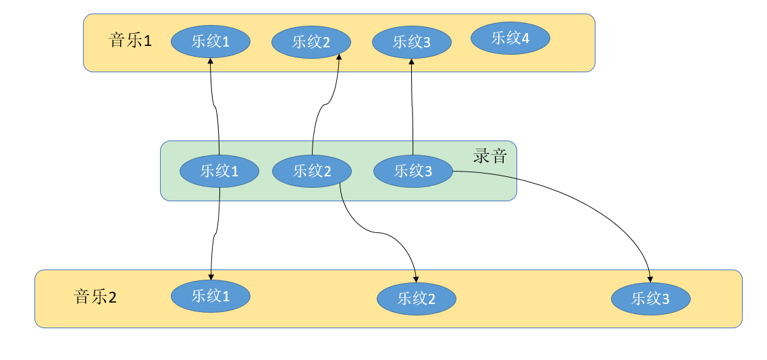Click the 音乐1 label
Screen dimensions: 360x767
(130, 41)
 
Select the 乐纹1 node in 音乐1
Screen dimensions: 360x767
(211, 42)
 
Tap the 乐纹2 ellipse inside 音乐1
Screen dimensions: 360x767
(311, 43)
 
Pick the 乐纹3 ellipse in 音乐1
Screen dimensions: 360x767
(412, 43)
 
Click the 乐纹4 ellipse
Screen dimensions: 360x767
(510, 38)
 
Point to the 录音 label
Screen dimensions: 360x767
(490, 157)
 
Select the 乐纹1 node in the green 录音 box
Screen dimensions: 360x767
(219, 171)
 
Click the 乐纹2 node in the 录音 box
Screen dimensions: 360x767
(312, 171)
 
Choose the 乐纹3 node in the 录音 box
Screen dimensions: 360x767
(413, 171)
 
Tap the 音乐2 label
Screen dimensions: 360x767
(95, 297)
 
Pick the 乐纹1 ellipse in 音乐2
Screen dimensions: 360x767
(211, 296)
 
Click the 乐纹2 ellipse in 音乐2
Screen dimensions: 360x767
(417, 299)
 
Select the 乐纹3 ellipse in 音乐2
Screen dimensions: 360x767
(651, 299)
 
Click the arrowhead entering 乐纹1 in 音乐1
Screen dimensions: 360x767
(211, 61)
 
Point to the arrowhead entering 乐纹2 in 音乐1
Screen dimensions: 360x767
(338, 57)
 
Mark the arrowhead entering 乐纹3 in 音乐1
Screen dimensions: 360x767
(412, 61)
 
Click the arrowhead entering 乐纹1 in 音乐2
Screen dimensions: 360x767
(211, 277)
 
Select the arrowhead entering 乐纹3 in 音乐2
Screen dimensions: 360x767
(650, 279)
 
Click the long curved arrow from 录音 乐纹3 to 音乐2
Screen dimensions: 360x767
(574, 203)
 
